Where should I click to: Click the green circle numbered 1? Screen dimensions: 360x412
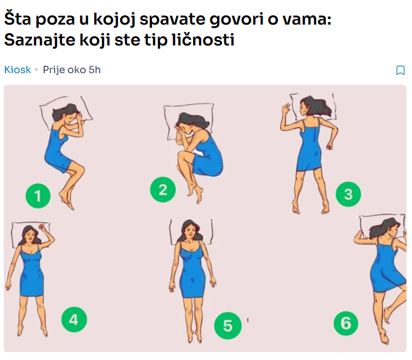[38, 196]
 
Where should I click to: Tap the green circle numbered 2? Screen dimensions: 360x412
[163, 188]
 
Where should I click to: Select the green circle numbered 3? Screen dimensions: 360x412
[348, 194]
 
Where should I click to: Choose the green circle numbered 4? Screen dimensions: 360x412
[74, 319]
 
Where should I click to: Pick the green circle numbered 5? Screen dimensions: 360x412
[228, 325]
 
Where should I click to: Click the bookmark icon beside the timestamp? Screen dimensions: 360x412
[400, 70]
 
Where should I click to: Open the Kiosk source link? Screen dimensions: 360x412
[17, 69]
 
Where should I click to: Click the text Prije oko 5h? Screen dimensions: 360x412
[71, 69]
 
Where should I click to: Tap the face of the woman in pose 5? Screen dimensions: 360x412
[190, 232]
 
